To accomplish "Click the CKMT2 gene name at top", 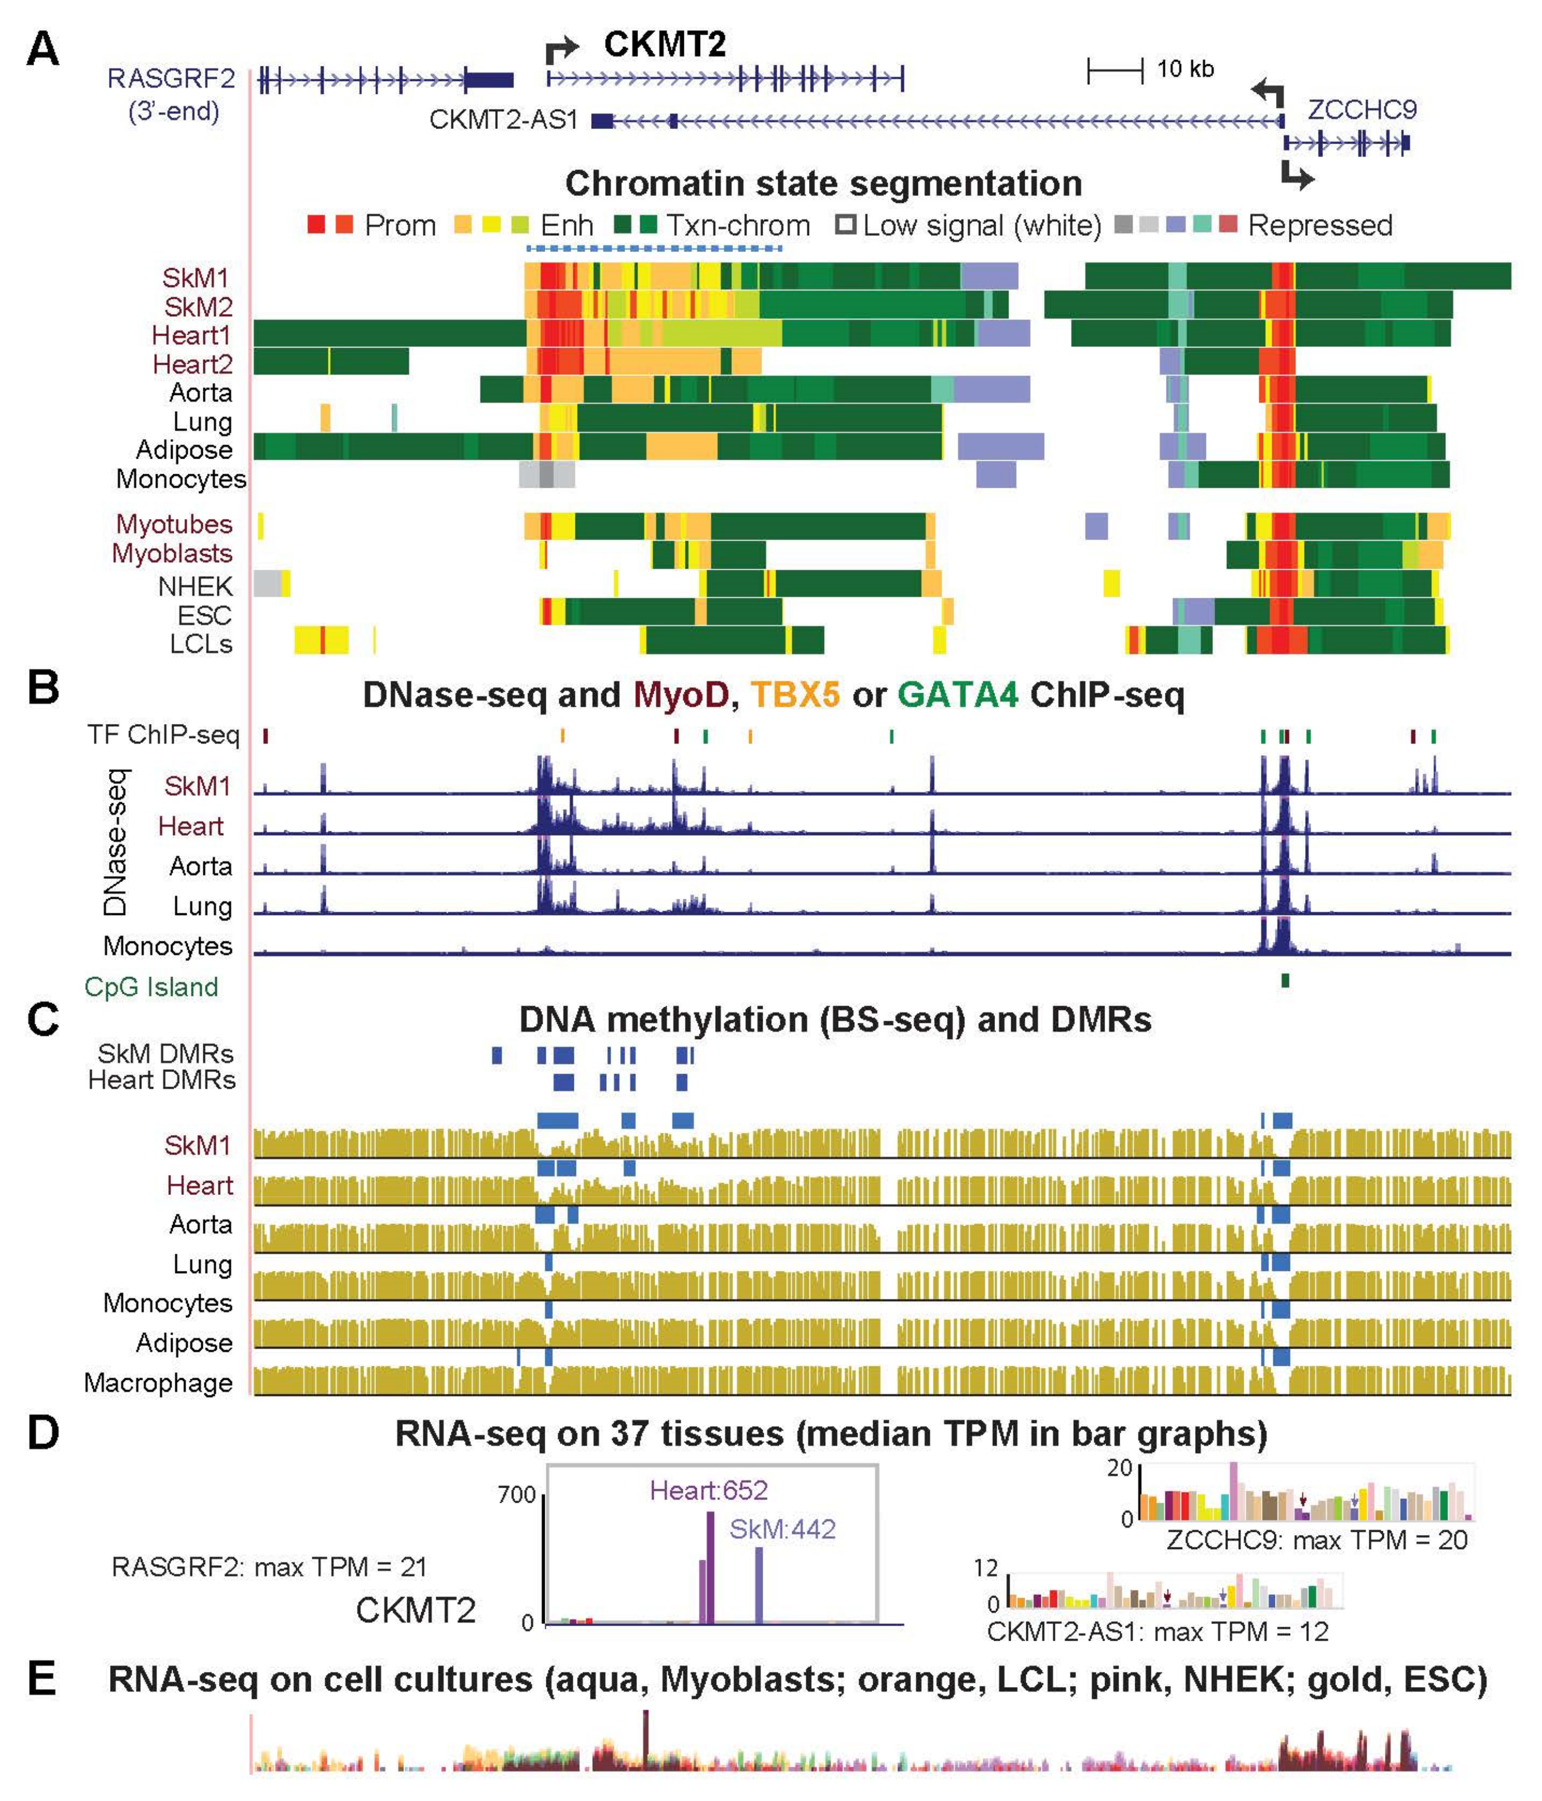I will pyautogui.click(x=665, y=44).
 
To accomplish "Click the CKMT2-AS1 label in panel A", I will pyautogui.click(x=503, y=120).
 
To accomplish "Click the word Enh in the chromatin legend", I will pyautogui.click(x=567, y=226).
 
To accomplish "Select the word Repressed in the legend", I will pyautogui.click(x=1320, y=226).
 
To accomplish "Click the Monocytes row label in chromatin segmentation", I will pyautogui.click(x=181, y=479).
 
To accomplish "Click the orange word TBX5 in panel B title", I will pyautogui.click(x=796, y=695).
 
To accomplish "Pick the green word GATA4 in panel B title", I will pyautogui.click(x=957, y=695).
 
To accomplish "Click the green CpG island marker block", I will pyautogui.click(x=1284, y=980).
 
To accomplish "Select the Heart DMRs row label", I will pyautogui.click(x=161, y=1080).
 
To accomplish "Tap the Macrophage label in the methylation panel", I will pyautogui.click(x=158, y=1383).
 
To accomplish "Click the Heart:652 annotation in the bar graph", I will pyautogui.click(x=708, y=1491).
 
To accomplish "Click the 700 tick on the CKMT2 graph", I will pyautogui.click(x=516, y=1495).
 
